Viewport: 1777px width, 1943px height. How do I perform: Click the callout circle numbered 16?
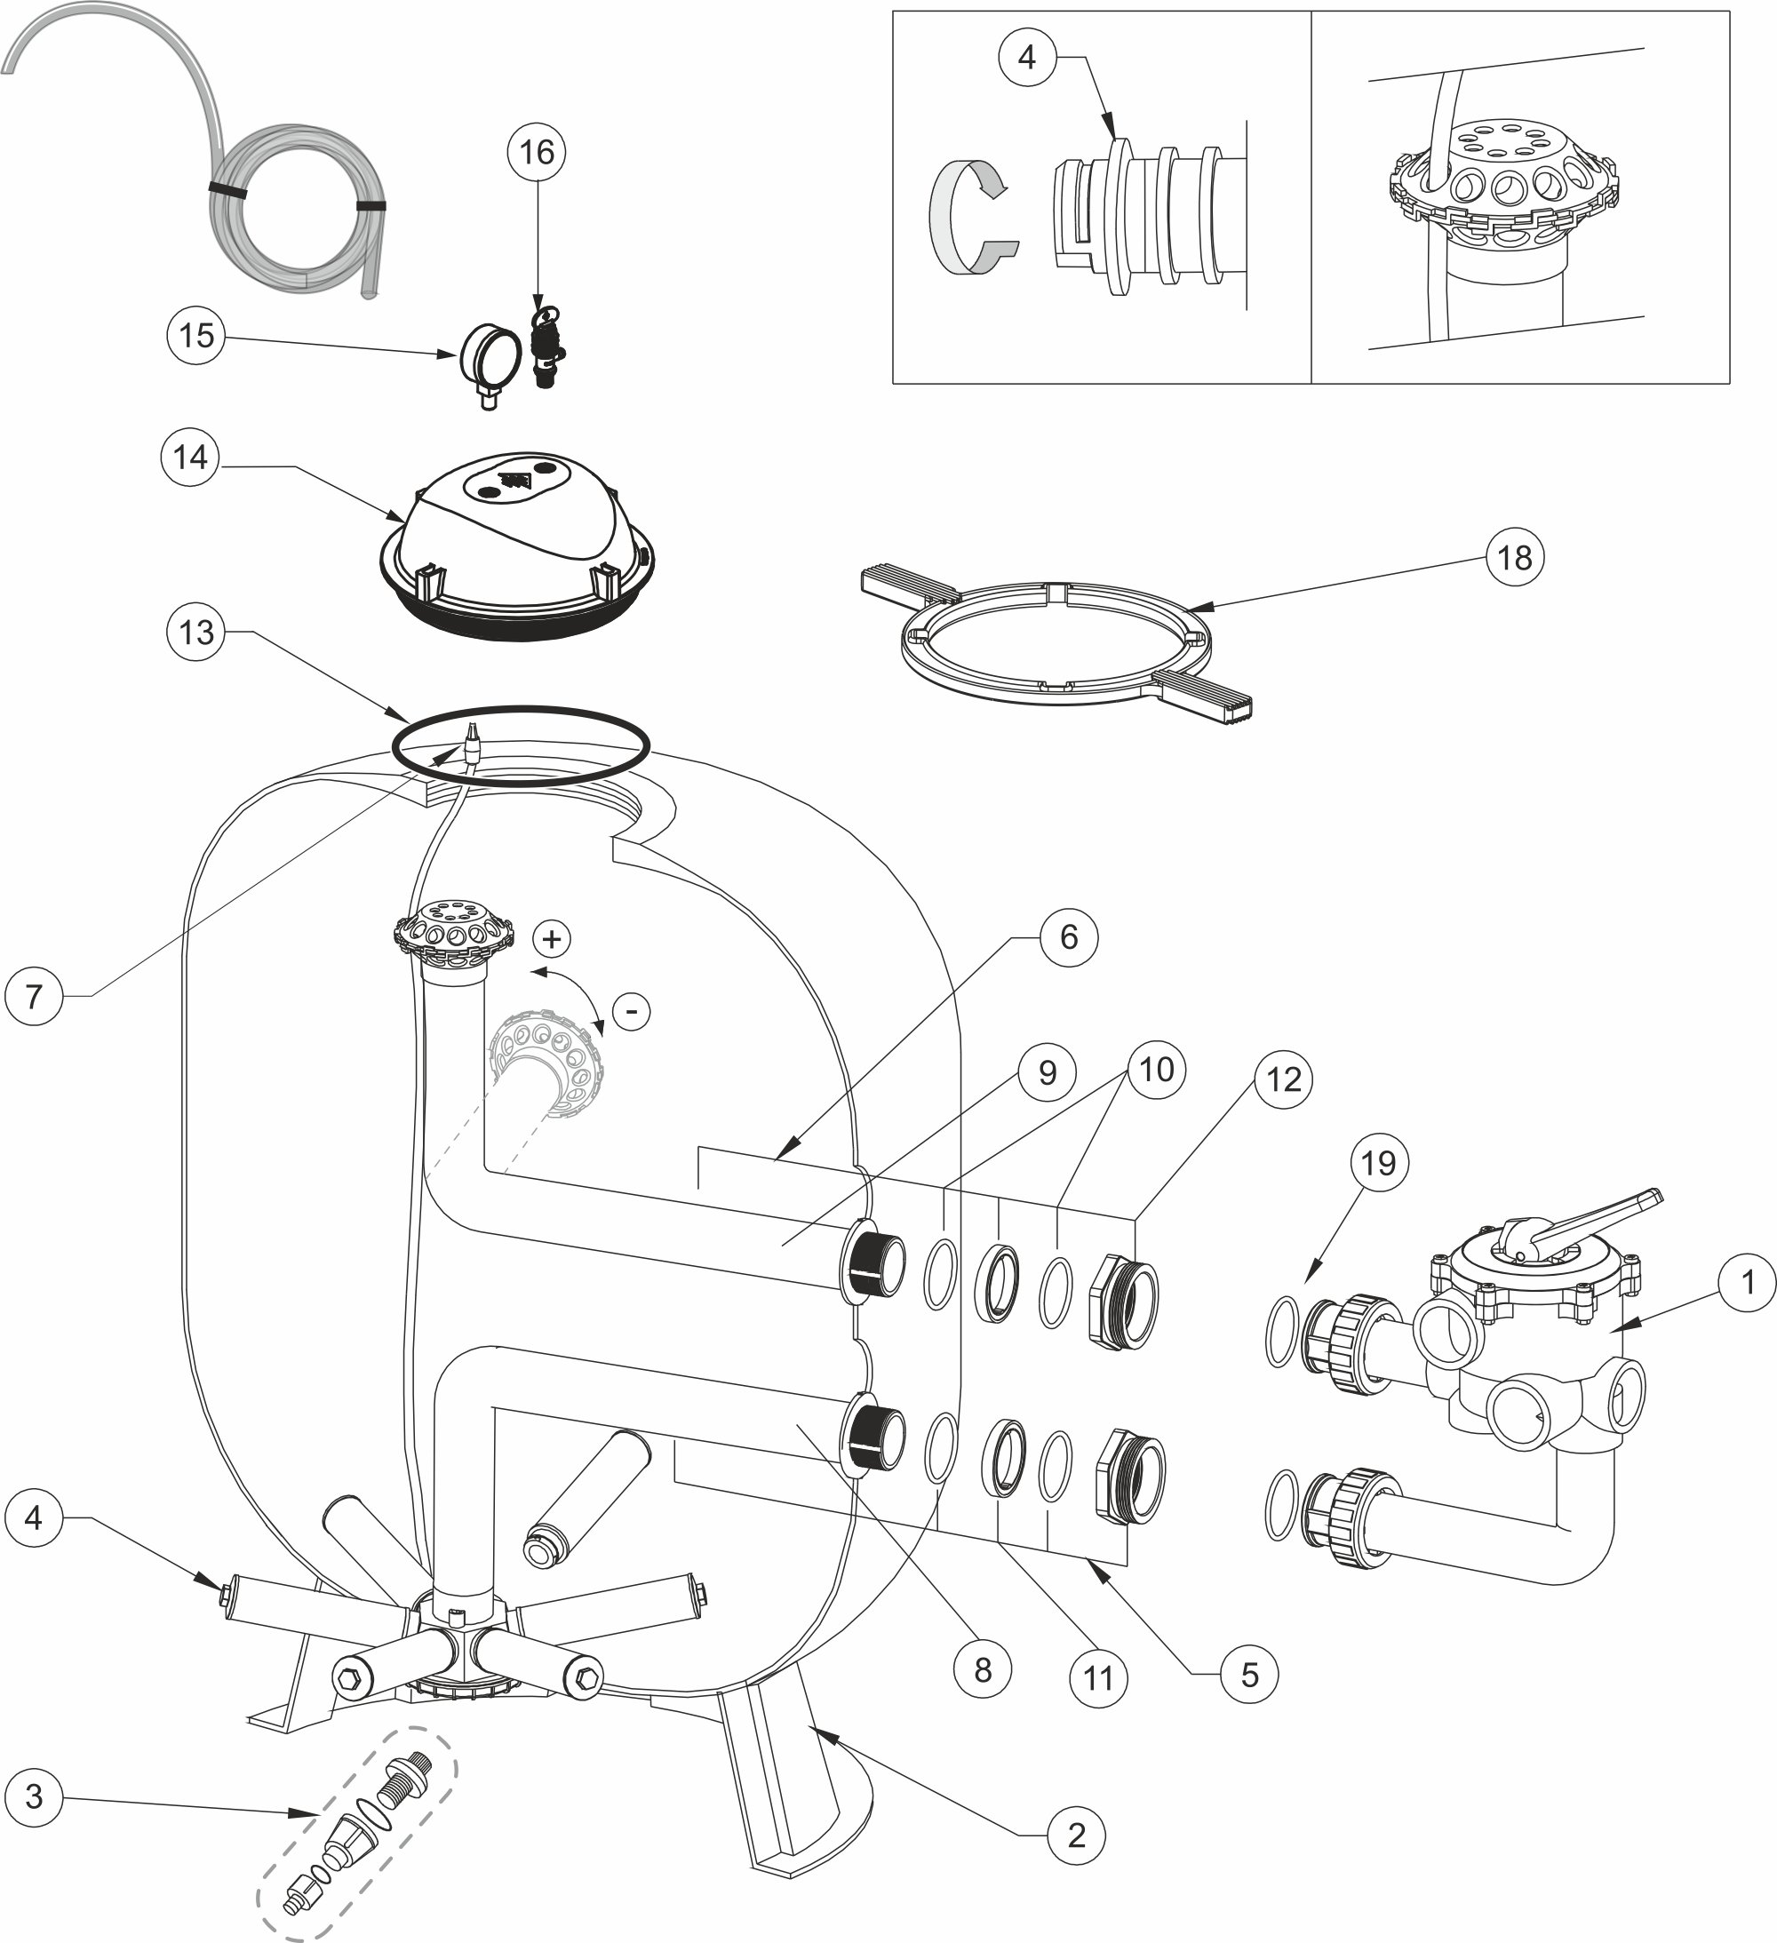(537, 152)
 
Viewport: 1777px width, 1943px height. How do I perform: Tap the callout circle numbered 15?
(196, 336)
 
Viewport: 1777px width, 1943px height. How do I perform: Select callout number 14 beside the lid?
(190, 457)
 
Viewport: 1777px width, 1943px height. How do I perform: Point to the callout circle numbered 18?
(1514, 557)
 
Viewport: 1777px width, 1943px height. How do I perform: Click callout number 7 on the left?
(34, 996)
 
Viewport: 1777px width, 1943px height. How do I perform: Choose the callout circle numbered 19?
(1378, 1163)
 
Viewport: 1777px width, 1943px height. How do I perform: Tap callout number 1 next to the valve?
(1746, 1283)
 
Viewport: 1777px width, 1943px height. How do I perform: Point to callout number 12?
(1284, 1079)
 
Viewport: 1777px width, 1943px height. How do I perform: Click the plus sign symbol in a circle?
(552, 939)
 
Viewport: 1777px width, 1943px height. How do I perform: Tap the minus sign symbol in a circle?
(631, 1012)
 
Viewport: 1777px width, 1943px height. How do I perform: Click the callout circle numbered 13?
(196, 633)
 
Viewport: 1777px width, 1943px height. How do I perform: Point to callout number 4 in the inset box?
(1027, 58)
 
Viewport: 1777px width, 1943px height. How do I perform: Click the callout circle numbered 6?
(1069, 936)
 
